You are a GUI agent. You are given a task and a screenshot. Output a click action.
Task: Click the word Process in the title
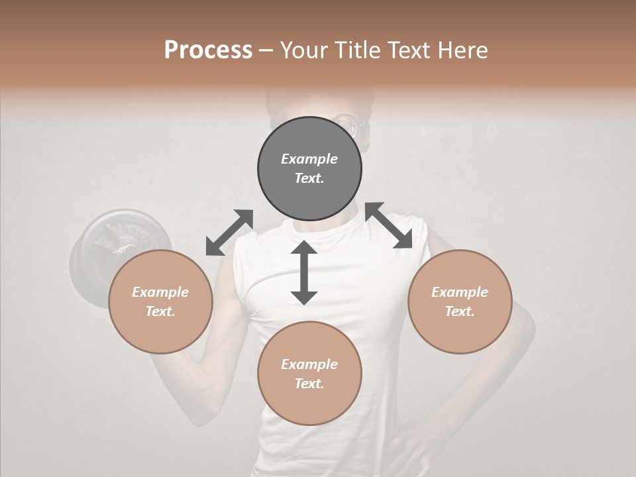click(208, 50)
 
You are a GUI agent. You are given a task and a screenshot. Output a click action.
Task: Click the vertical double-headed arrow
click(304, 272)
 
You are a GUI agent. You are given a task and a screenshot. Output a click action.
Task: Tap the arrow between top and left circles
click(229, 233)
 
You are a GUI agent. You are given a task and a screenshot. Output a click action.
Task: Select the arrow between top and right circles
click(389, 226)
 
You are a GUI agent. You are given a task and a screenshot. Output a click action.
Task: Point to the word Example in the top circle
click(309, 159)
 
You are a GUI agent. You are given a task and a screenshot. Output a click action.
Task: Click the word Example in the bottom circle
click(309, 364)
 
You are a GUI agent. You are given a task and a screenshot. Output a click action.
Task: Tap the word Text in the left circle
click(160, 311)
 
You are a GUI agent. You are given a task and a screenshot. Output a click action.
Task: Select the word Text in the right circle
click(460, 311)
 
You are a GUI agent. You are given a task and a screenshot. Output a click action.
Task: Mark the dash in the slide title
click(266, 50)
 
